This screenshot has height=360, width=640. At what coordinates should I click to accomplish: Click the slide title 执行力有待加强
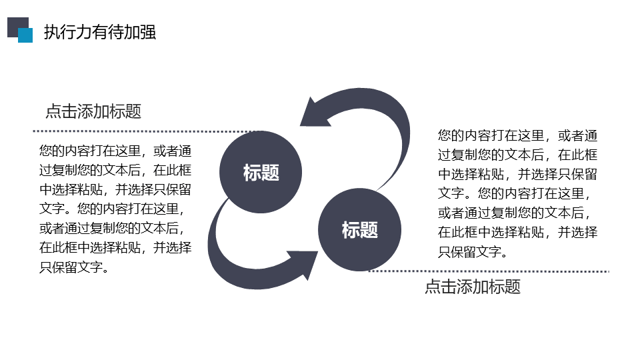(100, 32)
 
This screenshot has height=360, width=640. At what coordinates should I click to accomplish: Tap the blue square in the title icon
(25, 35)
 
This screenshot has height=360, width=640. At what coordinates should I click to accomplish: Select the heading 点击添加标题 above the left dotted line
(93, 111)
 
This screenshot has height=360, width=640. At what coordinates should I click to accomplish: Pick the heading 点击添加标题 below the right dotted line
(473, 287)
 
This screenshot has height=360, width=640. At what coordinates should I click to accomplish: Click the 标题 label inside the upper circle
(261, 172)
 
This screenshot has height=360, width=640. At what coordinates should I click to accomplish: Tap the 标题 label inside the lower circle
(360, 230)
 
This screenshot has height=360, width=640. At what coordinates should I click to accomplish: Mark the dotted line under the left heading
(147, 131)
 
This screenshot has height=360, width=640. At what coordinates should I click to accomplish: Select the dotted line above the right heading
(489, 271)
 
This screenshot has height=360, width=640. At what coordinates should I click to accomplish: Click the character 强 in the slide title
(148, 32)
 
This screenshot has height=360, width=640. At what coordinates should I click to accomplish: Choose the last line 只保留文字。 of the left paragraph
(74, 267)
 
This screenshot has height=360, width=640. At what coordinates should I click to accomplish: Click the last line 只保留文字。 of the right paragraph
(473, 251)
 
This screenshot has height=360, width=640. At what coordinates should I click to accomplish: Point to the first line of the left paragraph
(115, 151)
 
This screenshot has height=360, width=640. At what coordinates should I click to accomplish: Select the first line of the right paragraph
(517, 135)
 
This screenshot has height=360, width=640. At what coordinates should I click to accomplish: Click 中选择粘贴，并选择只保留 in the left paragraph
(115, 189)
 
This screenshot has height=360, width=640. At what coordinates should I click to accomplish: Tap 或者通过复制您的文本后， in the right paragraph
(514, 213)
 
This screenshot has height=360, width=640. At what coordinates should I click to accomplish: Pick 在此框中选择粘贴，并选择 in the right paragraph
(517, 232)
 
